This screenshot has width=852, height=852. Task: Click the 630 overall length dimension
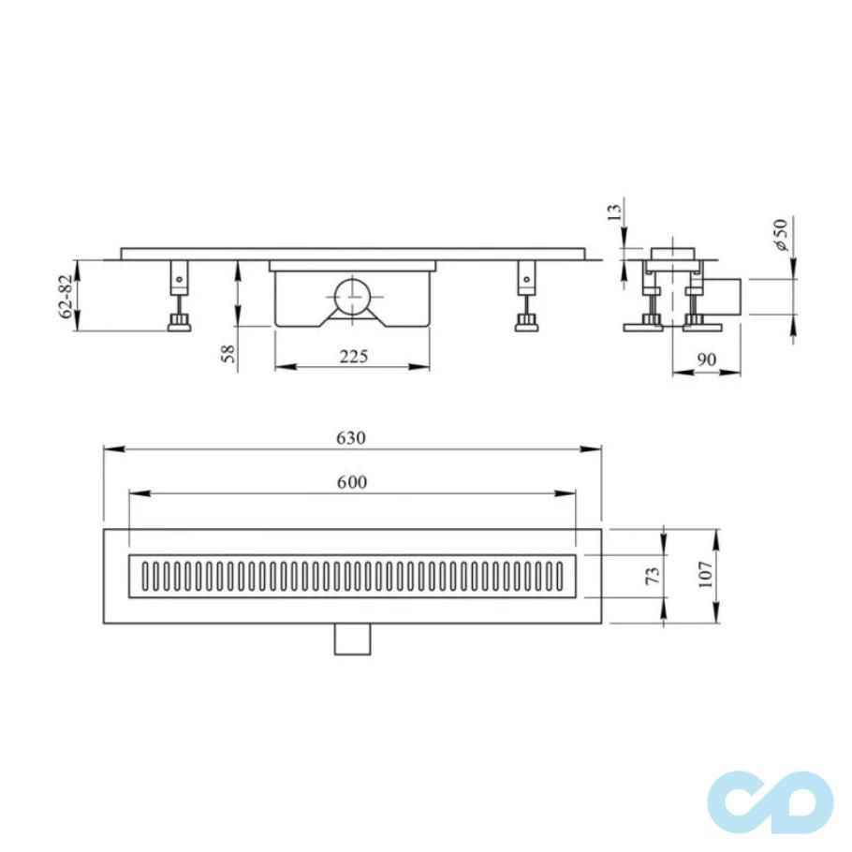[352, 438]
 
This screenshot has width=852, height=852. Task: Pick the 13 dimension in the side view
[614, 213]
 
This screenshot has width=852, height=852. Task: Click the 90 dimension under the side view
[707, 358]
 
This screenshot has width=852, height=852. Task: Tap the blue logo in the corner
[770, 801]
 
